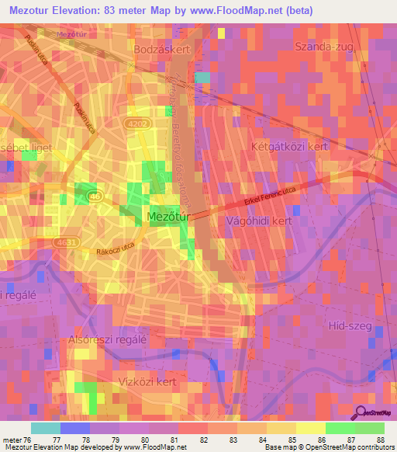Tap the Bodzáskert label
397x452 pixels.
tap(161, 48)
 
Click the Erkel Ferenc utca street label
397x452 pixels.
tap(270, 195)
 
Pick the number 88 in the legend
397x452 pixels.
tap(378, 440)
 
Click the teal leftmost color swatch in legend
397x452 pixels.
tap(45, 428)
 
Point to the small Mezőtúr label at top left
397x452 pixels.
tap(72, 35)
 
